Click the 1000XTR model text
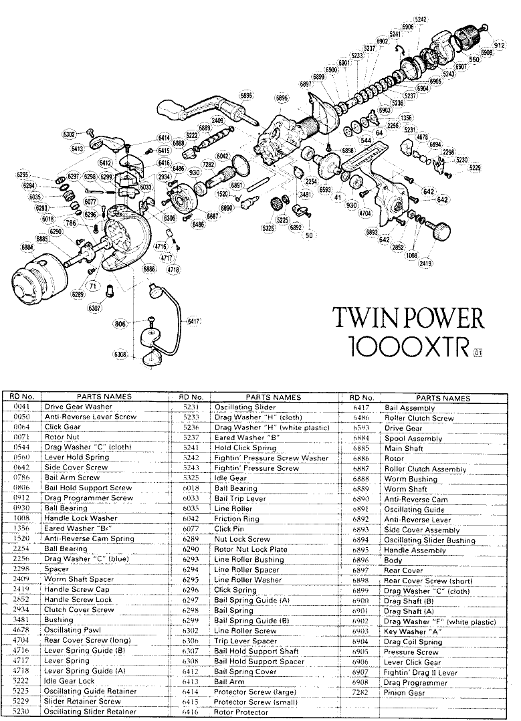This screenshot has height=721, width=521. point(409,346)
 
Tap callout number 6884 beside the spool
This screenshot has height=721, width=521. point(28,247)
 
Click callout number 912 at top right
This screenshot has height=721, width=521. point(499,45)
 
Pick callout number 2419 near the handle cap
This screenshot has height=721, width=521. point(425,264)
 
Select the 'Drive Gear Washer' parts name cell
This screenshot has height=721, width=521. point(78,406)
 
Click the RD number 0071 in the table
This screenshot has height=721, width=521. point(23,437)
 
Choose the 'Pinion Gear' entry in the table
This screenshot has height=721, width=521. point(405,693)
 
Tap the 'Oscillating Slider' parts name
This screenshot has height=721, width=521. point(245,407)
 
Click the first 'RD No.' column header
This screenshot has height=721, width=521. point(23,397)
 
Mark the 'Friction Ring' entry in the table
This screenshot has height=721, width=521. point(237,518)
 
